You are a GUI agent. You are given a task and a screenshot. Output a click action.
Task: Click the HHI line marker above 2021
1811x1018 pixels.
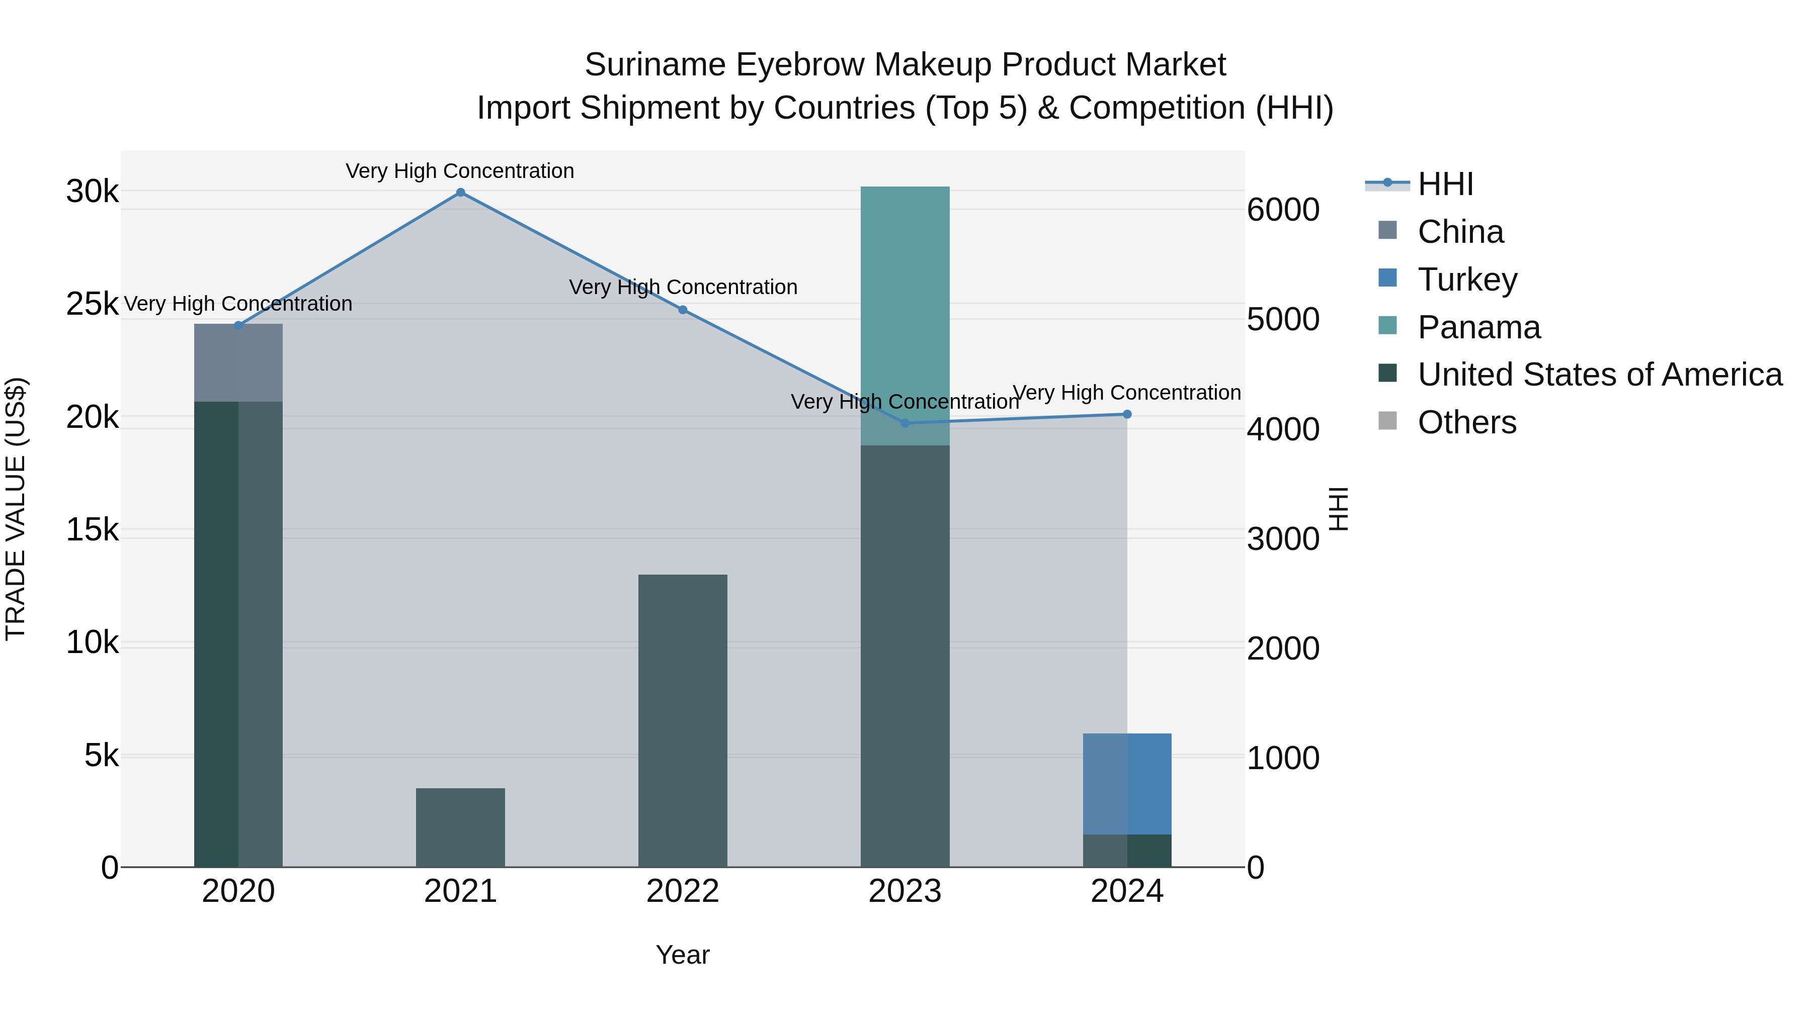pyautogui.click(x=460, y=193)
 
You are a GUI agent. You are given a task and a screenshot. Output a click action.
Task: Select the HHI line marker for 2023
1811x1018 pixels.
pyautogui.click(x=905, y=423)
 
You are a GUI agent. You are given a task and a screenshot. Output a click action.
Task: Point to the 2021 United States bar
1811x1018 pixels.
pyautogui.click(x=460, y=827)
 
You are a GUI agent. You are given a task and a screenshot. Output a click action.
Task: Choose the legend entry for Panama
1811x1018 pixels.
pyautogui.click(x=1478, y=327)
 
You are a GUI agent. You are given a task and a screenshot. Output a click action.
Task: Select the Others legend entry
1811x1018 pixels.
pyautogui.click(x=1466, y=423)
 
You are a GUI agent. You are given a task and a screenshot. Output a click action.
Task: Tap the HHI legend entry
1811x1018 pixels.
pyautogui.click(x=1445, y=184)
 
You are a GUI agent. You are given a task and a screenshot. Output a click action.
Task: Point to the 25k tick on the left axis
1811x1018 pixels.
pyautogui.click(x=92, y=304)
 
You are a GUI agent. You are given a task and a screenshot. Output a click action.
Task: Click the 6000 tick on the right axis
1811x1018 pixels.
pyautogui.click(x=1283, y=210)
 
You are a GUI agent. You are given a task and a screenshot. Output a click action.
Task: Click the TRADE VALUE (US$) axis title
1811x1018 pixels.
pyautogui.click(x=16, y=509)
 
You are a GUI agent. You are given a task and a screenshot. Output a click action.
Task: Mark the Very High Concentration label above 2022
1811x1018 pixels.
pyautogui.click(x=683, y=288)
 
